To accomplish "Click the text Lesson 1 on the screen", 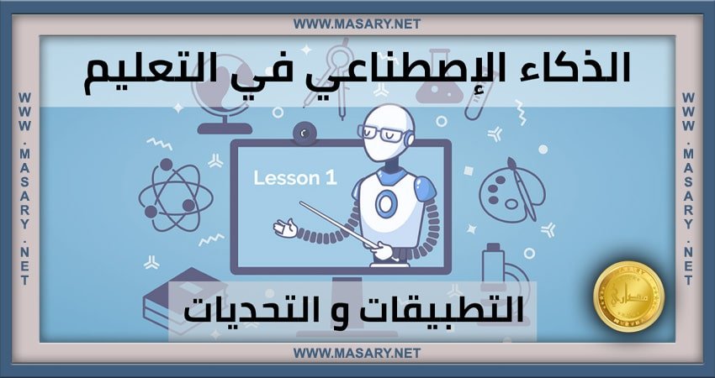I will coord(288,178).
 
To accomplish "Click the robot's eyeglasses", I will coord(376,131).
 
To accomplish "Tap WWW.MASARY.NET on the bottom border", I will coord(357,354).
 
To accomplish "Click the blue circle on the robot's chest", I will coord(386,204).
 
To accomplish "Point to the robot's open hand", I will coord(285,227).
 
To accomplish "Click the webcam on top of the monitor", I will coord(303,132).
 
